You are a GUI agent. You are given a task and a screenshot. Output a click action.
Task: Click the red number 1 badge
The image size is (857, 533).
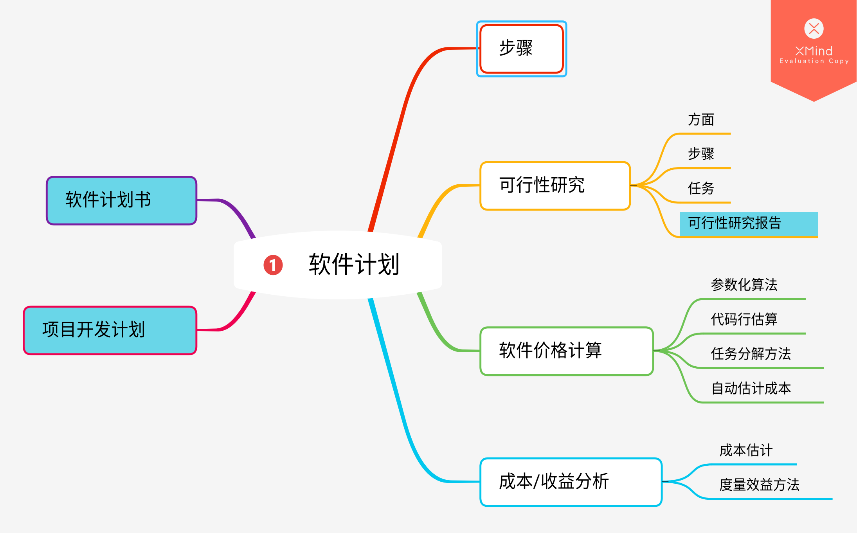(273, 265)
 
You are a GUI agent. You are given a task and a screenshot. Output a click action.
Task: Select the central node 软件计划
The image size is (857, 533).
(353, 265)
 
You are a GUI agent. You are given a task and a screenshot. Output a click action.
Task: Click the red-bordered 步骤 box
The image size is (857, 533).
(521, 49)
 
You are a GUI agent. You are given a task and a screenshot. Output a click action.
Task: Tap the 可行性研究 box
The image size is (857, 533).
(555, 185)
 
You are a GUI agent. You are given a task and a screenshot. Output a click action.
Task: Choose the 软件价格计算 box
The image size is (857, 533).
(566, 351)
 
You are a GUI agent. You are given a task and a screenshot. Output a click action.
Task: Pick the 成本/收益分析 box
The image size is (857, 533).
(570, 482)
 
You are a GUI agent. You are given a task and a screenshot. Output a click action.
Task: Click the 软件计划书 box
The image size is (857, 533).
(121, 200)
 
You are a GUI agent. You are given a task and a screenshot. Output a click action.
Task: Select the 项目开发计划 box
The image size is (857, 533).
(110, 330)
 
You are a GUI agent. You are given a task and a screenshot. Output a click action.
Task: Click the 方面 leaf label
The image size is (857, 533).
(701, 120)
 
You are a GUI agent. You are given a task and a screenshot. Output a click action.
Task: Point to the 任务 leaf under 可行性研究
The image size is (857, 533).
(701, 188)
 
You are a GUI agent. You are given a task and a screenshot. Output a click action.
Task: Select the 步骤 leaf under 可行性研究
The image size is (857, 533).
(701, 154)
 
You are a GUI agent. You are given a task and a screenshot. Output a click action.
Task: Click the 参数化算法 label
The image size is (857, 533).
(744, 285)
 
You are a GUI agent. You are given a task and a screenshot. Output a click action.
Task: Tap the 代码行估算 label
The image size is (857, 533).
(744, 319)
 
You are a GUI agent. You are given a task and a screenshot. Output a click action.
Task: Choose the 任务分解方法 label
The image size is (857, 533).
(751, 354)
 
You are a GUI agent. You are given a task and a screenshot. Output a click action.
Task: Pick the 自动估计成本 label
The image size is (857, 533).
(751, 388)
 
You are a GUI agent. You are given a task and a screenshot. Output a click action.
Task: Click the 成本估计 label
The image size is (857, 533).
(746, 450)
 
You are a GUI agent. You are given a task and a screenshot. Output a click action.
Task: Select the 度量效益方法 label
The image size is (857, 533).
(759, 485)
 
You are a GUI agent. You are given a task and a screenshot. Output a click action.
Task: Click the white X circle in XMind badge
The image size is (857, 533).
(814, 29)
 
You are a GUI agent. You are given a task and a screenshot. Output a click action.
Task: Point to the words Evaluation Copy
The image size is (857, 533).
(814, 61)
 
